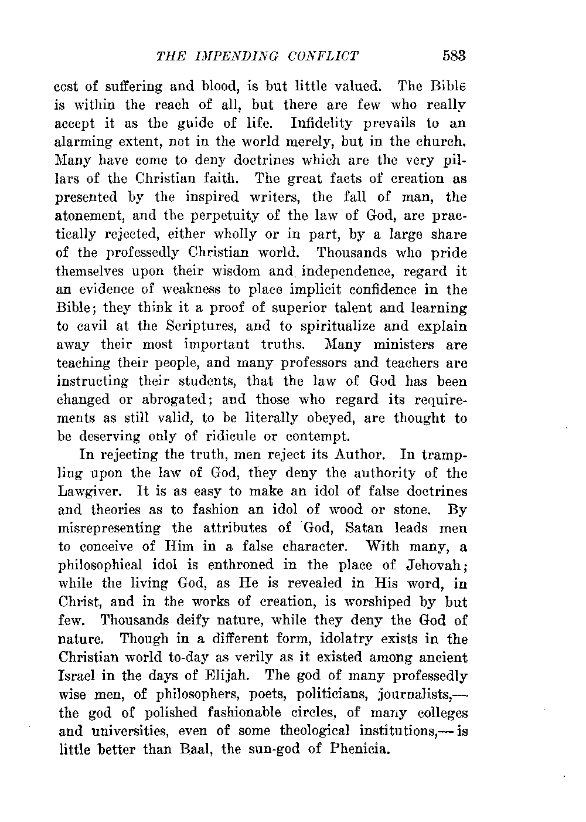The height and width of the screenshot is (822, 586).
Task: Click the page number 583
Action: click(x=454, y=56)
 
